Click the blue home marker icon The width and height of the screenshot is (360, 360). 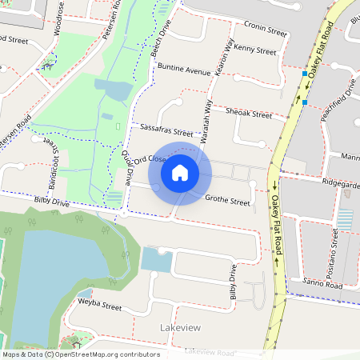click(x=180, y=172)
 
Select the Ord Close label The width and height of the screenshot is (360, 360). click(x=150, y=160)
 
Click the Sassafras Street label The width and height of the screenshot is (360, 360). click(x=166, y=130)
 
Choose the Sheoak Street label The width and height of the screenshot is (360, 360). click(x=249, y=114)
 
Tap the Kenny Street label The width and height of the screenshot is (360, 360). click(x=255, y=50)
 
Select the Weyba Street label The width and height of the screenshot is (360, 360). click(x=99, y=306)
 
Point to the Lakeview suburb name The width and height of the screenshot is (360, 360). click(x=181, y=328)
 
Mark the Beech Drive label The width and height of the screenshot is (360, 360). click(x=159, y=34)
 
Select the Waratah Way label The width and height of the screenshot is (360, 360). click(x=206, y=121)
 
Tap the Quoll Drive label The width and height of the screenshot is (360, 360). click(x=126, y=172)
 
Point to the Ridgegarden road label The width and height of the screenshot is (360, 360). click(x=340, y=183)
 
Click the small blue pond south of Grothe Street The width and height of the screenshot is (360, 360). click(x=156, y=259)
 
